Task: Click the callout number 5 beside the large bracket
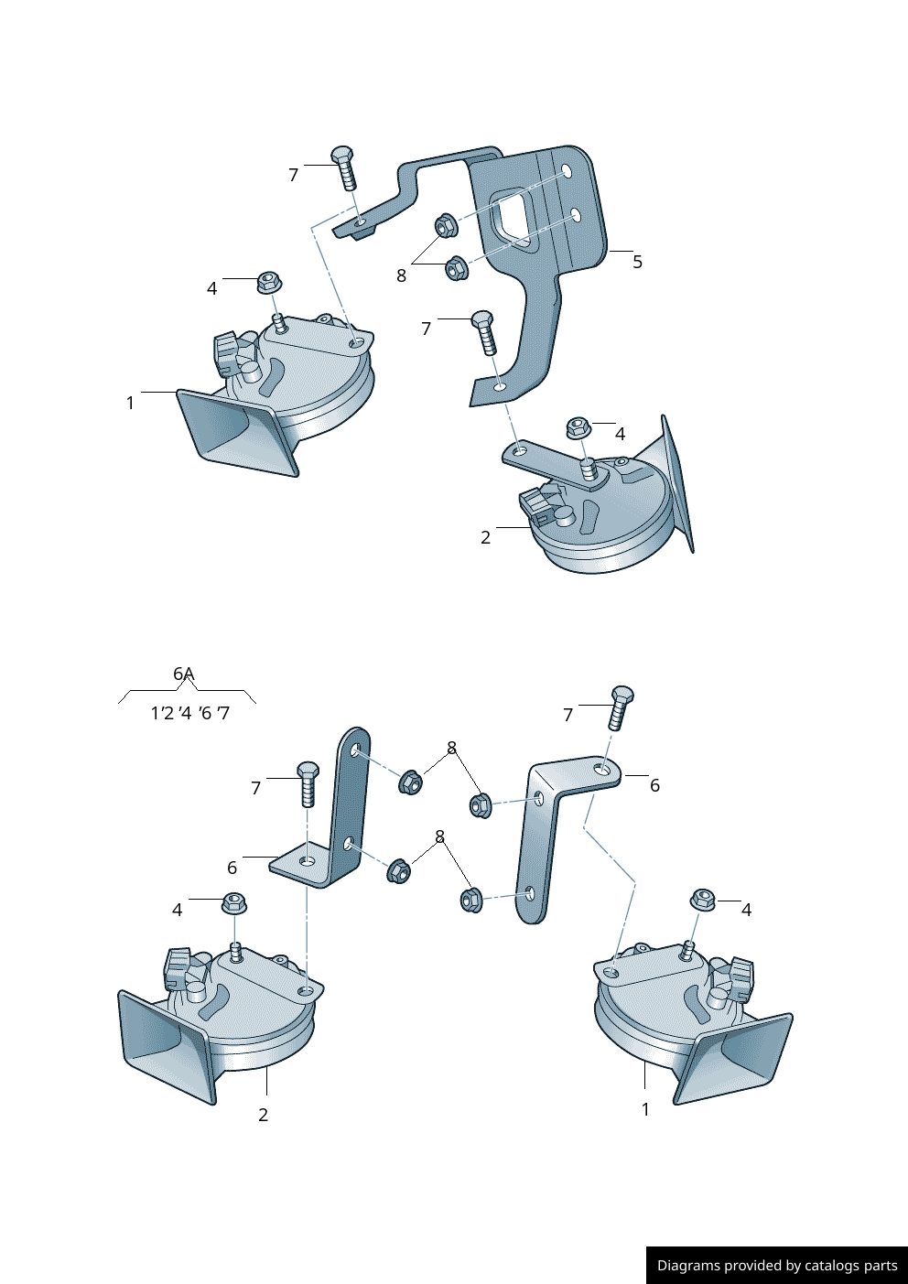coord(637,262)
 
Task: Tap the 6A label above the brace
coord(183,674)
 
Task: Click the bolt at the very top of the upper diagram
coord(344,168)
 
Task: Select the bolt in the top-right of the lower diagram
coord(620,707)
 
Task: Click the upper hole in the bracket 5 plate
coord(567,171)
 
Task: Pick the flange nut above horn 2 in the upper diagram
coord(578,428)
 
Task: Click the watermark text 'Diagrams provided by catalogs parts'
coord(777,1265)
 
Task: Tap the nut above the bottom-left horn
coord(234,903)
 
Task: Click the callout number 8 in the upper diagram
coord(401,275)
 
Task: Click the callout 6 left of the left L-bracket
coord(232,868)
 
